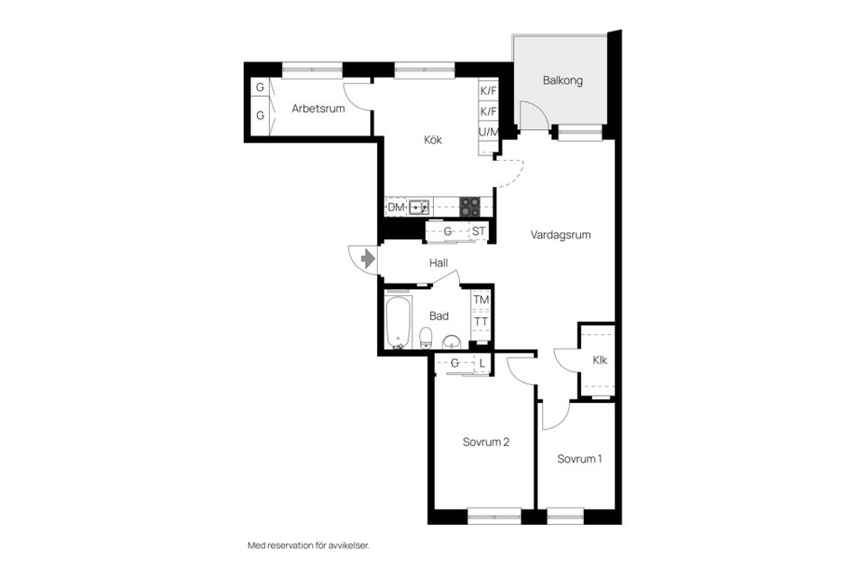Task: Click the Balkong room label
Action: click(x=562, y=80)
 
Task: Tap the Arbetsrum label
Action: click(x=318, y=108)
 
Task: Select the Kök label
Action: click(x=433, y=140)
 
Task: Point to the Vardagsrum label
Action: click(x=560, y=235)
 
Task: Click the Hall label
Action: click(x=438, y=264)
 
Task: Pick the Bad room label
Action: click(x=439, y=316)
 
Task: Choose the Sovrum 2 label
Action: click(x=486, y=442)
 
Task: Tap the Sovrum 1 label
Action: click(x=579, y=459)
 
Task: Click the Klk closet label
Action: click(x=600, y=360)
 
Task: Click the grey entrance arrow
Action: click(x=368, y=258)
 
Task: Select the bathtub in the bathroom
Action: click(x=398, y=323)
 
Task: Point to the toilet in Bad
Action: click(x=426, y=338)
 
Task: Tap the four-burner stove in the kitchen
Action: click(x=470, y=207)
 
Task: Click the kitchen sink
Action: click(x=419, y=208)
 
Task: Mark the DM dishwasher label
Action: click(x=396, y=208)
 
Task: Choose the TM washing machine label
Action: click(x=481, y=300)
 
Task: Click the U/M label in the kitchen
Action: click(x=488, y=132)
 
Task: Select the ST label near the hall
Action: click(x=478, y=230)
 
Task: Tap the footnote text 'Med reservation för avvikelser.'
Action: click(x=309, y=545)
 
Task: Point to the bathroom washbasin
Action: click(x=452, y=341)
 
